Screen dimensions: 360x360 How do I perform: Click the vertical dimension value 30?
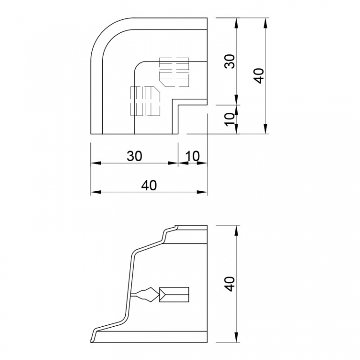click(230, 61)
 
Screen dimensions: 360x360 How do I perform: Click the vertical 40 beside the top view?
click(259, 76)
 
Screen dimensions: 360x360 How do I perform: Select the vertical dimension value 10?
click(230, 120)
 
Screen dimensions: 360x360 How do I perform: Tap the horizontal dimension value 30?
click(135, 156)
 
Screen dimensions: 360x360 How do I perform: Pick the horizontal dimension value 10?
click(192, 156)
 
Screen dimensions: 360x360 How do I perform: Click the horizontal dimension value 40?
click(149, 185)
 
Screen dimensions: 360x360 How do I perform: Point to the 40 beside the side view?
click(230, 284)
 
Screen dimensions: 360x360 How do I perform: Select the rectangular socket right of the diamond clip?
click(174, 294)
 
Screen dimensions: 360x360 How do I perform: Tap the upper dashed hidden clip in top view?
click(174, 72)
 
